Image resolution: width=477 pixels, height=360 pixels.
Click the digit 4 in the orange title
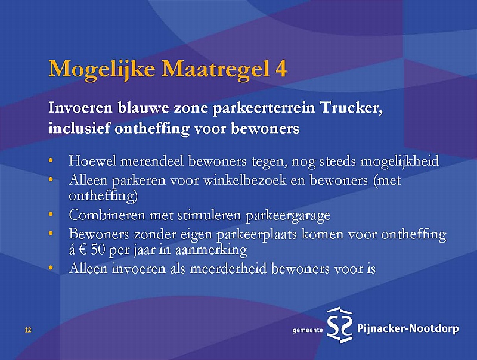coord(281,69)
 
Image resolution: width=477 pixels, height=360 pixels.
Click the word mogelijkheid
coord(399,161)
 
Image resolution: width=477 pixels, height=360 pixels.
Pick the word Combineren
coord(107,215)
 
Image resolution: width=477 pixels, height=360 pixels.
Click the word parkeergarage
coord(288,216)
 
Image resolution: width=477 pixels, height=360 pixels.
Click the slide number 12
coord(28,330)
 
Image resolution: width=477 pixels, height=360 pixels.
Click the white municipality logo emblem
coord(340,325)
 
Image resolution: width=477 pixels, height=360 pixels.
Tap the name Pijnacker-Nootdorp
coord(407,328)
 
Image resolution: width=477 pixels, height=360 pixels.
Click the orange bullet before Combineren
coord(51,215)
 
